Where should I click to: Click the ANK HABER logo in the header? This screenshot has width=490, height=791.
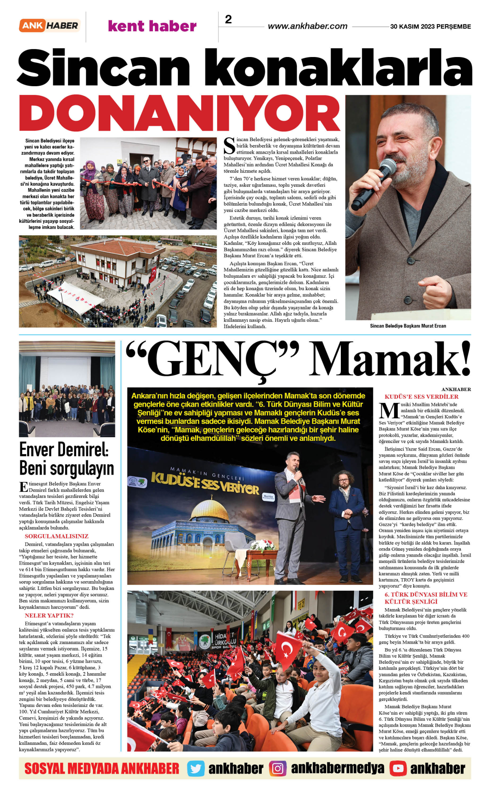tap(50, 26)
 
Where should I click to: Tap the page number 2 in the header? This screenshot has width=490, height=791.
tap(228, 20)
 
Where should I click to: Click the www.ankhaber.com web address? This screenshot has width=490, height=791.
tap(307, 26)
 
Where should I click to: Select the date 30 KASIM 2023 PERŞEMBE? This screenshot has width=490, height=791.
tap(430, 27)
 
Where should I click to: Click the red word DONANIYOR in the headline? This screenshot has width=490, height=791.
tap(180, 114)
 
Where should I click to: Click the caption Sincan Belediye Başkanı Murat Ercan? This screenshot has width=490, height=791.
tap(408, 326)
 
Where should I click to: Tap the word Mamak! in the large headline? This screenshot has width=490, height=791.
tap(390, 359)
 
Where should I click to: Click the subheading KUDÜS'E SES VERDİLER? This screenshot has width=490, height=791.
tap(421, 397)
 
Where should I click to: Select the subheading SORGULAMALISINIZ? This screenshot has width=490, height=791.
tap(57, 536)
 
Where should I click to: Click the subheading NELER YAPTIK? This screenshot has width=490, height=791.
tap(49, 615)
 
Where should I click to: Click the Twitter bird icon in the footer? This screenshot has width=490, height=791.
tap(195, 769)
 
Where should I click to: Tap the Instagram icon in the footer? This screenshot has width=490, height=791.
tap(277, 769)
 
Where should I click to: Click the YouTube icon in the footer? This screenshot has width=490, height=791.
tap(398, 769)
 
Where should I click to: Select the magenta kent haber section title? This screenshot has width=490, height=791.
tap(152, 26)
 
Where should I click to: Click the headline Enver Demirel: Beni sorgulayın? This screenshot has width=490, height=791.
tap(66, 458)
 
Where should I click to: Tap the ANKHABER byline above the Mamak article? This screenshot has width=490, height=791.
tap(456, 389)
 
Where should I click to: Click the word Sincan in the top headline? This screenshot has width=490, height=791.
tap(104, 68)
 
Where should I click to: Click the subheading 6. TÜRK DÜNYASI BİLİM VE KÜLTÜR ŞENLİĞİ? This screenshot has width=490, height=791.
tap(426, 598)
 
